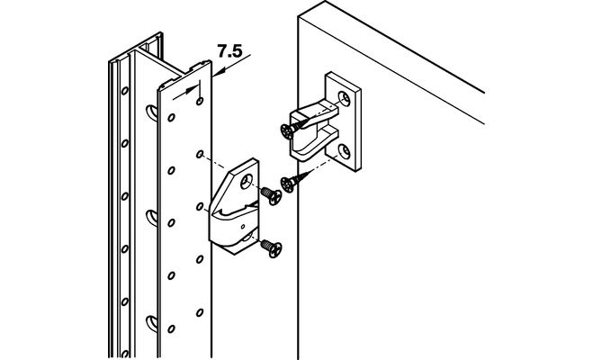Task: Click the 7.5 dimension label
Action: [229, 51]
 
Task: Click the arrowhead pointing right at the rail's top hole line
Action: [193, 90]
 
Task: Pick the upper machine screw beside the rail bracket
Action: [271, 195]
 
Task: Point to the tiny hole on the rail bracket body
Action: [243, 227]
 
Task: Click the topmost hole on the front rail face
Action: [200, 101]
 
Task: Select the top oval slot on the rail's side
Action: [151, 112]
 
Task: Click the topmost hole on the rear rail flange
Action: [124, 91]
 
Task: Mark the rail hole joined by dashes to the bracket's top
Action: [200, 154]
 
